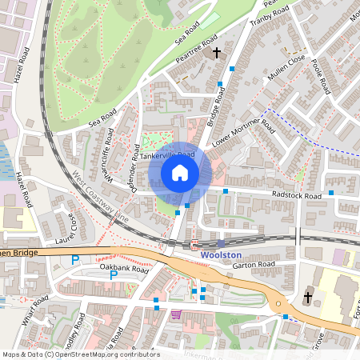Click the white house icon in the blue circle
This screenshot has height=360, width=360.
click(180, 173)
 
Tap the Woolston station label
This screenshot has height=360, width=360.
click(221, 255)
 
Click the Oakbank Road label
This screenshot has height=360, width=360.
click(123, 270)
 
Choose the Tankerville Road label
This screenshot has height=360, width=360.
click(167, 156)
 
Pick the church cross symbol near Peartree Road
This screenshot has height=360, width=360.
click(216, 53)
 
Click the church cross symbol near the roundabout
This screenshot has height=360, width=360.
click(308, 298)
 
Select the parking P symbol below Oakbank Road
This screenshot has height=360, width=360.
click(114, 275)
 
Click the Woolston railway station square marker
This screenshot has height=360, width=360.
click(221, 243)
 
